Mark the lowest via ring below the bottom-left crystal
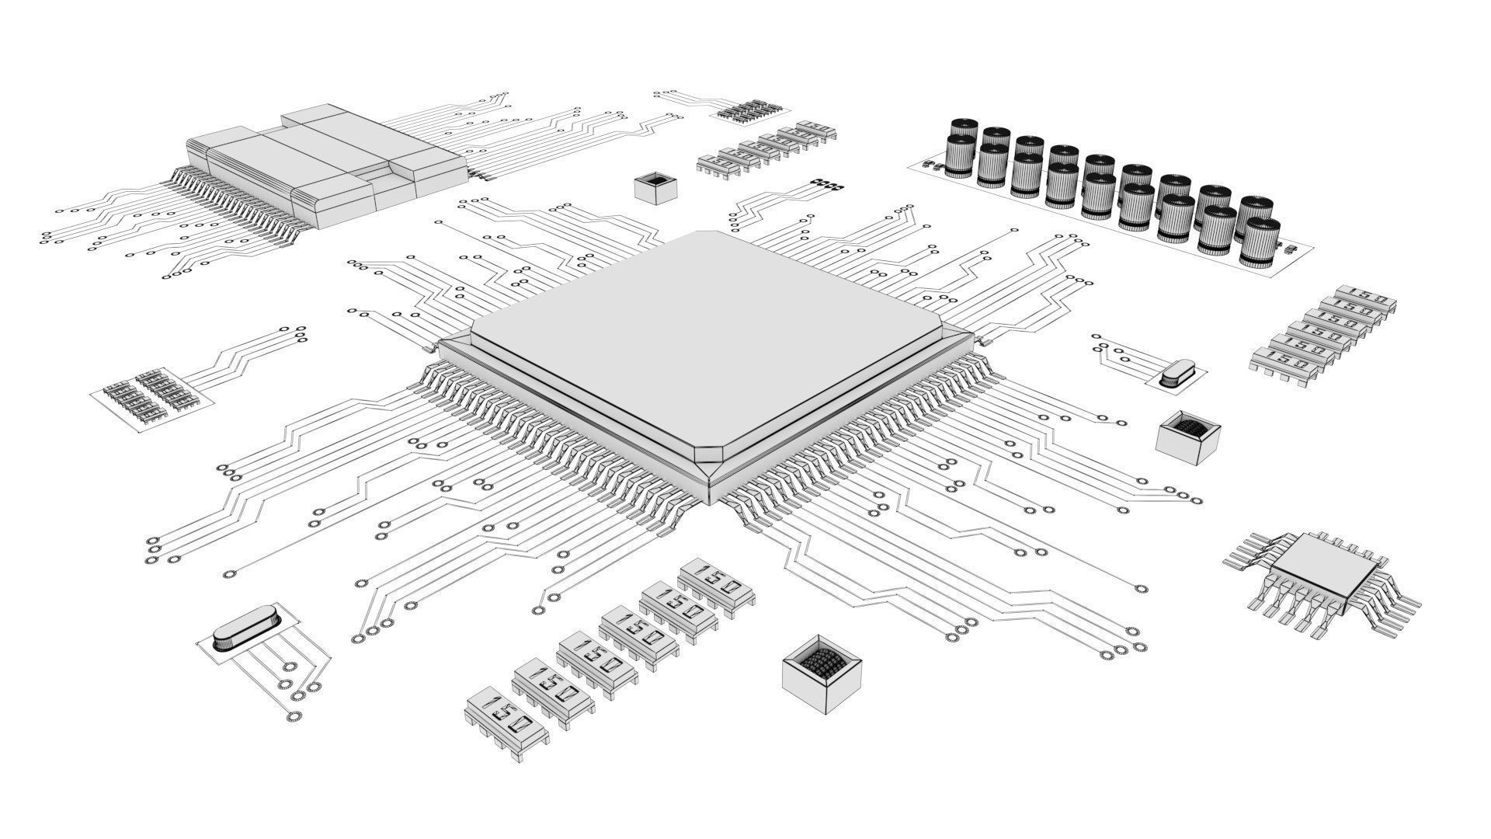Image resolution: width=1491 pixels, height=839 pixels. [294, 716]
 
